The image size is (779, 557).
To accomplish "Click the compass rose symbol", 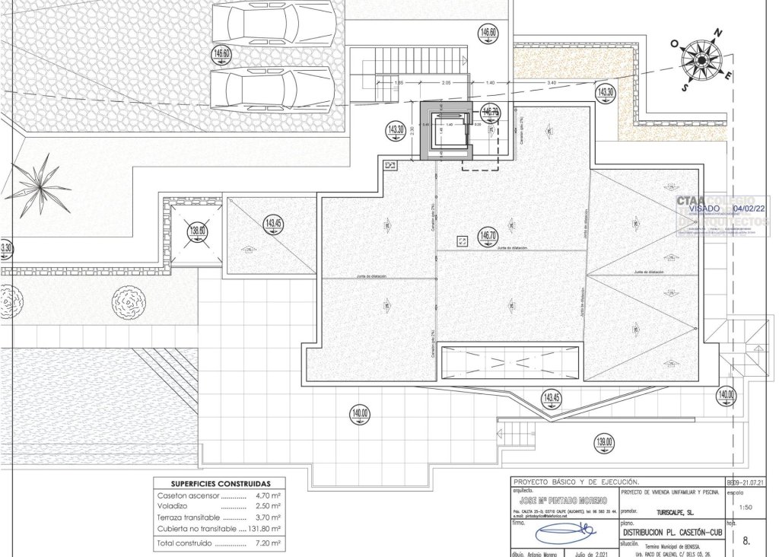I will click(x=698, y=59).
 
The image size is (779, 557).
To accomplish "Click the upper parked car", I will click(x=272, y=23).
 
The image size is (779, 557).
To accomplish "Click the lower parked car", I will click(x=272, y=88).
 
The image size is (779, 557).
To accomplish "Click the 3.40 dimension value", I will click(x=551, y=81).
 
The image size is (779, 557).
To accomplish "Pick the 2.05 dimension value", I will click(x=447, y=81).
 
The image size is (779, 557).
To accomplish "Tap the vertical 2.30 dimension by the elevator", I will click(x=412, y=130).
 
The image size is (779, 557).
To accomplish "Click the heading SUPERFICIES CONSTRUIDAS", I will click(x=219, y=484).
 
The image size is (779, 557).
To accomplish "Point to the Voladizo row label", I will click(x=173, y=506).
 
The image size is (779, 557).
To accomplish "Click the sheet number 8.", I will click(x=746, y=541).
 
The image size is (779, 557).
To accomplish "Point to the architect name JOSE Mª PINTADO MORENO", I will click(x=562, y=500).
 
